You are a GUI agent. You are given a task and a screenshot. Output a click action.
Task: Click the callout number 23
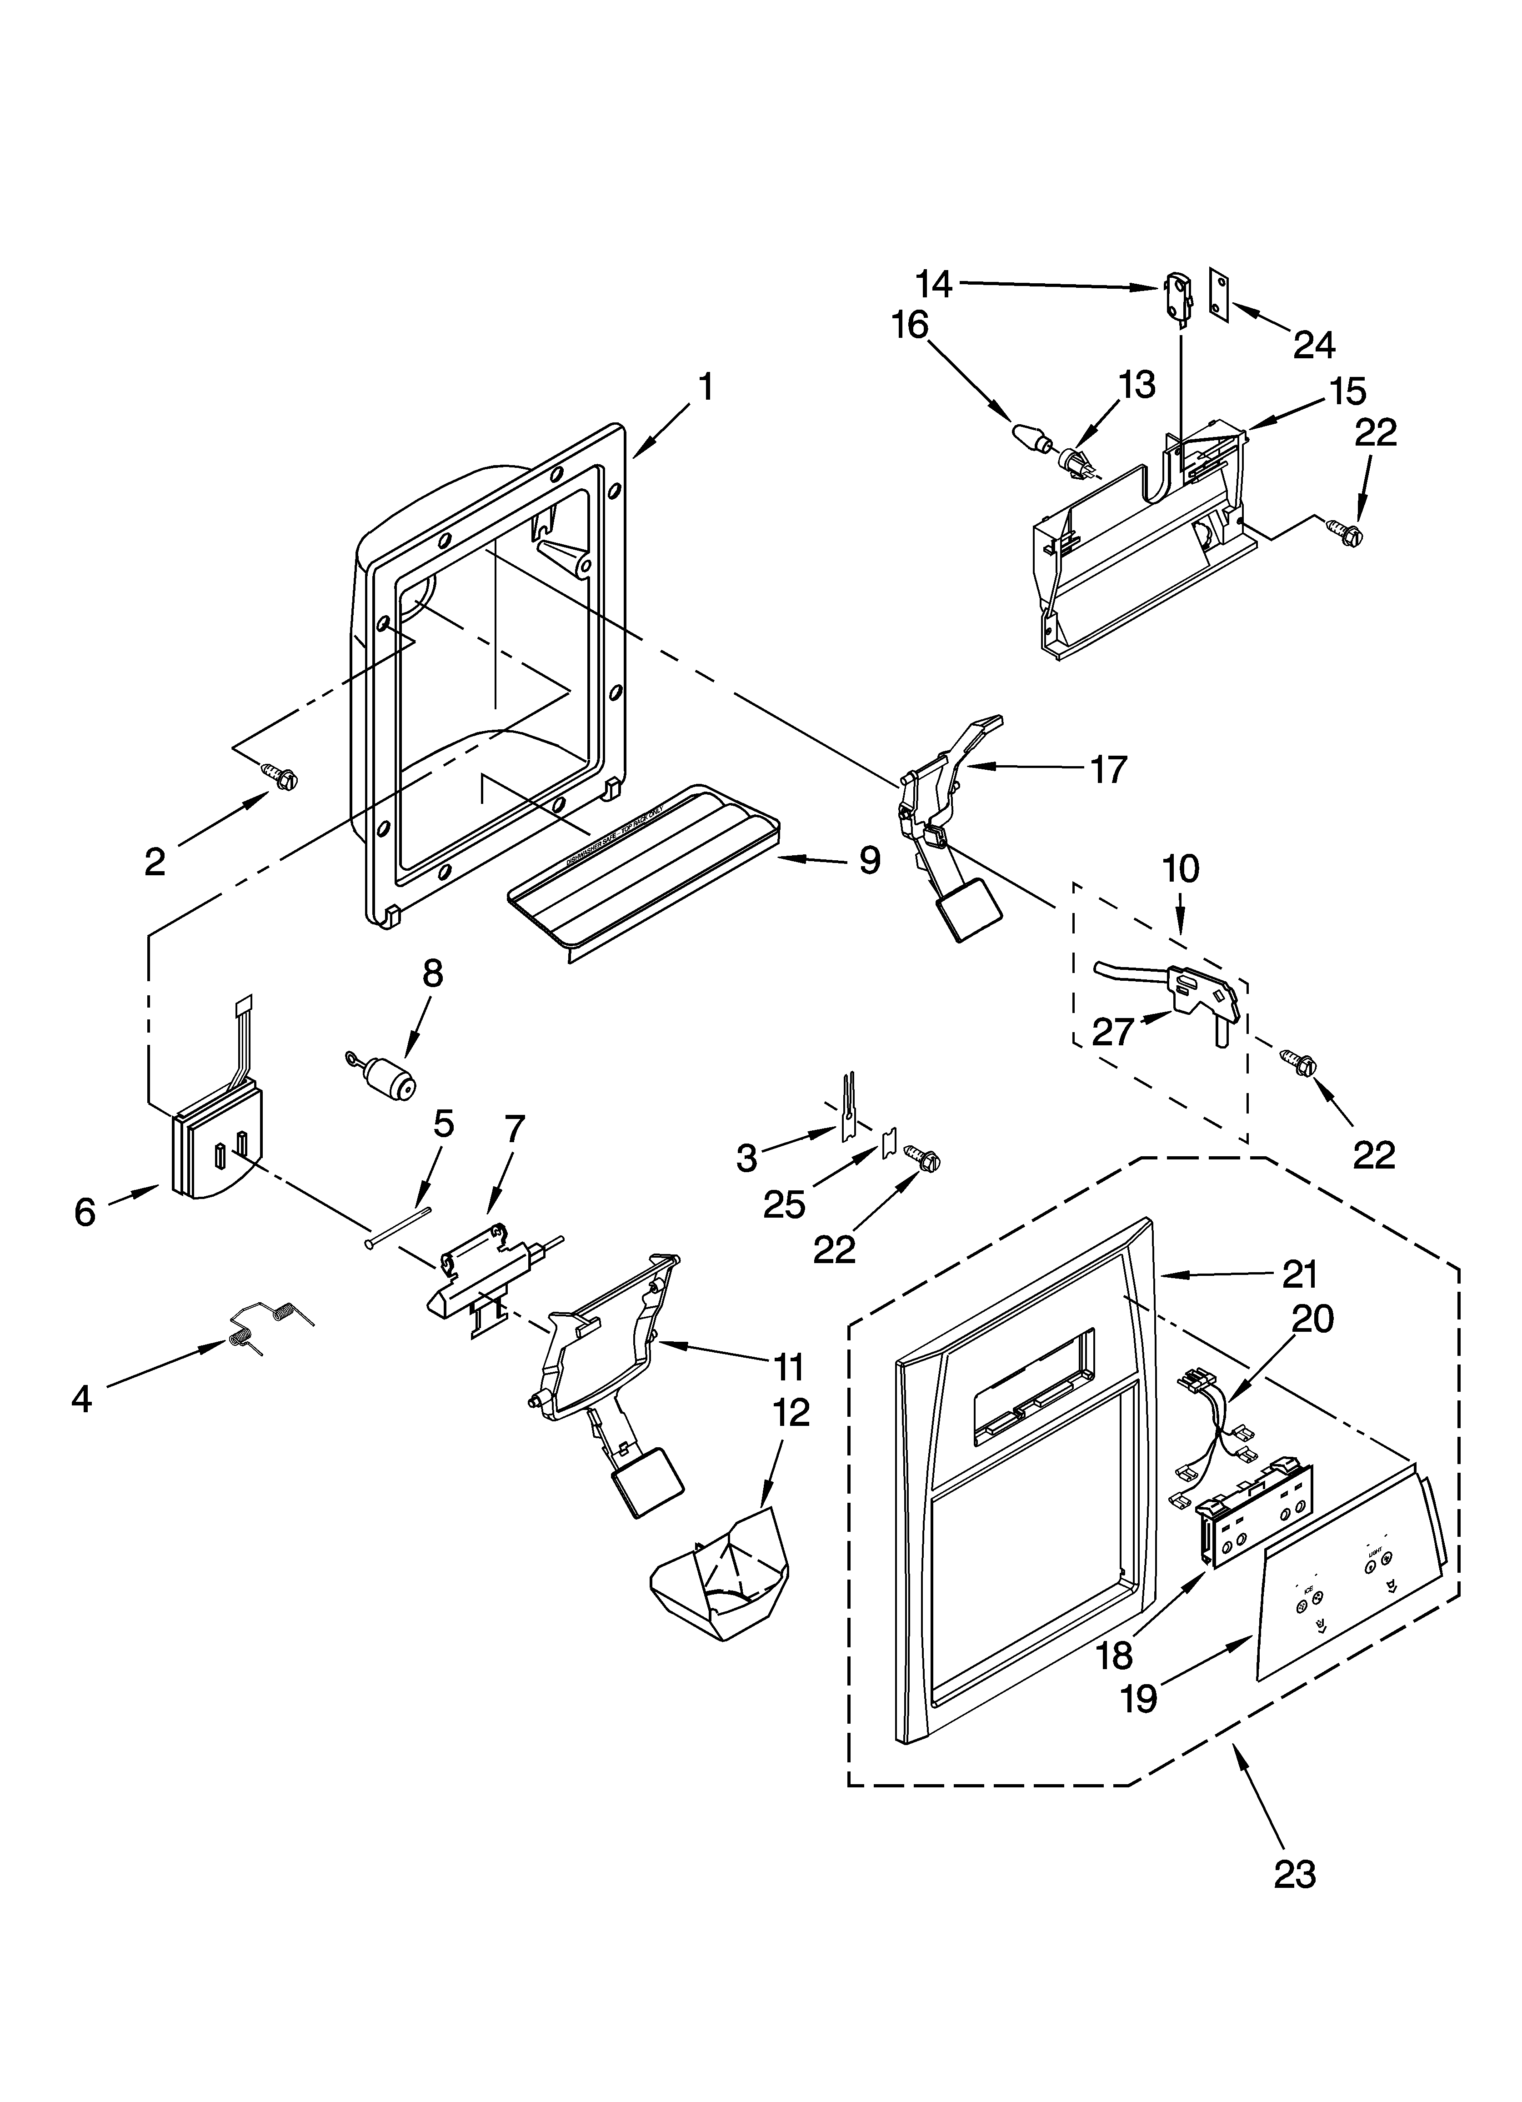click(x=1294, y=1873)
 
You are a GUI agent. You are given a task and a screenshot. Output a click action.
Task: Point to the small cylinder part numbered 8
click(x=389, y=1078)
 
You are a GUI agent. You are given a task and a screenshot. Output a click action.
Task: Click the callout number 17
click(x=1108, y=769)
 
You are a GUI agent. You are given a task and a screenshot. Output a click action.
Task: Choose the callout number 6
click(x=85, y=1211)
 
